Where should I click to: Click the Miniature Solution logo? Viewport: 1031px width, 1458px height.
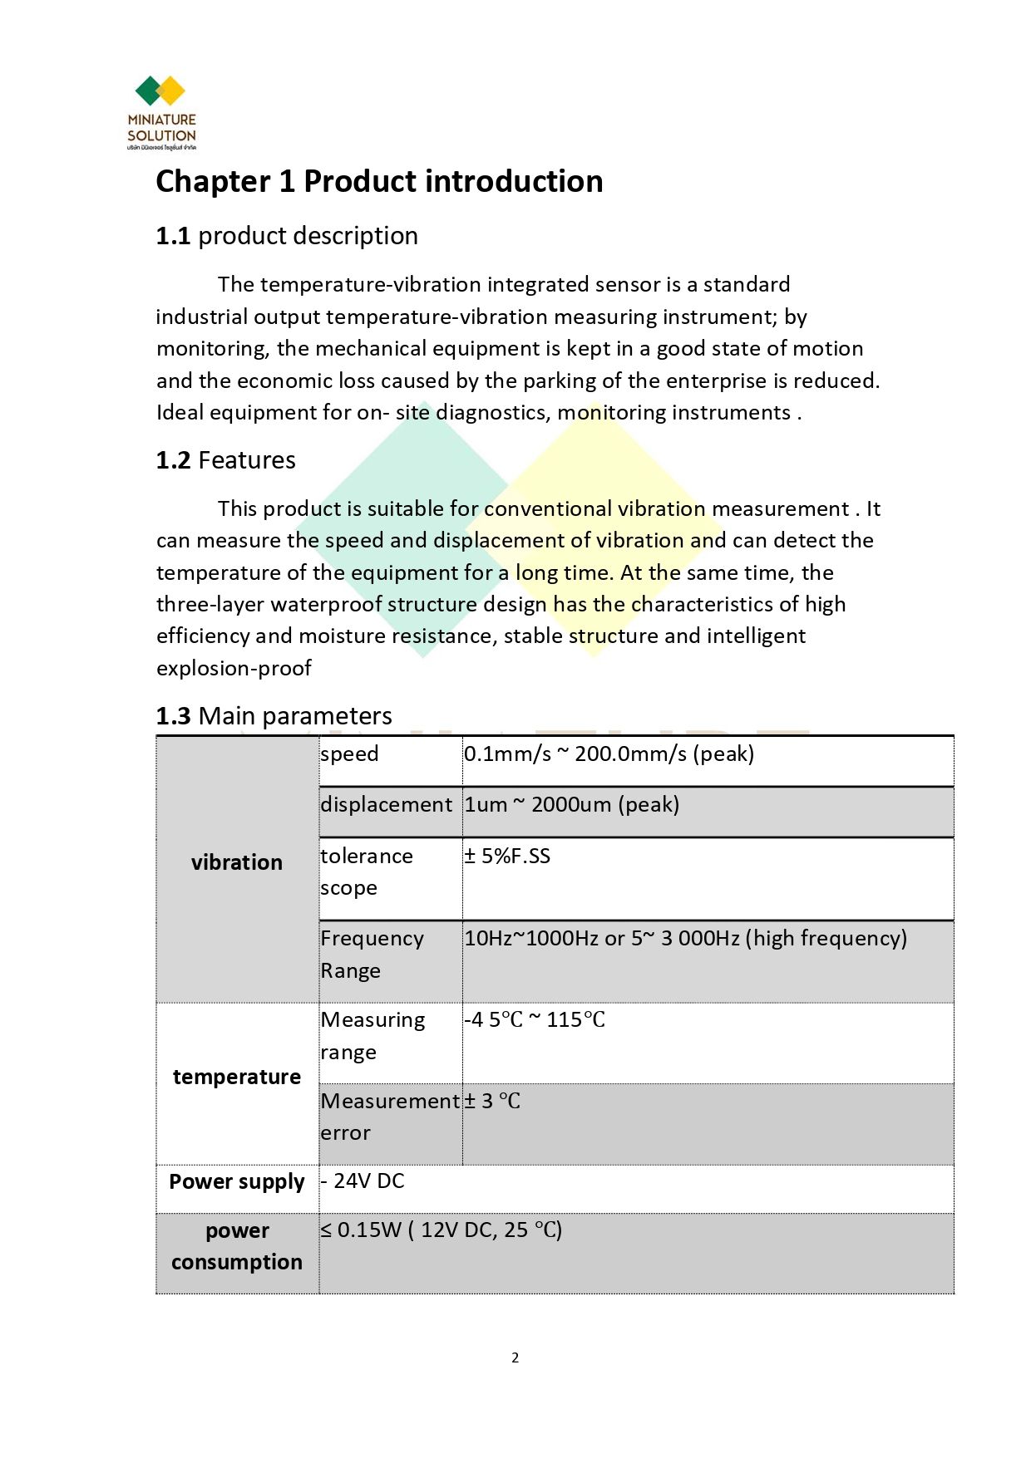[161, 112]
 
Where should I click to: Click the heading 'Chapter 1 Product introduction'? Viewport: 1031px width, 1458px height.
[379, 181]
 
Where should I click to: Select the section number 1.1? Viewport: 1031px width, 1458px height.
[173, 236]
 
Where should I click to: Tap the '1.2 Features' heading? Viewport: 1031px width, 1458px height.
[226, 460]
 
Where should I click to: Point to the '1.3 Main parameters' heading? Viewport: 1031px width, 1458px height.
[274, 715]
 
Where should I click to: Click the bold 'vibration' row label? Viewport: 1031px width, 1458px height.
[237, 862]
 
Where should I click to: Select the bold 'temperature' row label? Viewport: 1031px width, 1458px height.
[237, 1077]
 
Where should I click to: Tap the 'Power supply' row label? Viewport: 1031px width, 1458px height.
[237, 1181]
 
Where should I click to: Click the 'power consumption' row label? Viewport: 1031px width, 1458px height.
[237, 1245]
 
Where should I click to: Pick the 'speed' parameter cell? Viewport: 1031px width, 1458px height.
[349, 754]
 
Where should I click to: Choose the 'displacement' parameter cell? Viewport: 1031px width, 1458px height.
[387, 804]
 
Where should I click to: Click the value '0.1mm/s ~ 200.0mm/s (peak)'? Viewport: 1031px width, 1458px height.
[609, 754]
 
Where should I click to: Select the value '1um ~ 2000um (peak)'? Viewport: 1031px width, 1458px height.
[571, 804]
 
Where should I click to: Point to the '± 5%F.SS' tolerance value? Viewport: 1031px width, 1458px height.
[507, 856]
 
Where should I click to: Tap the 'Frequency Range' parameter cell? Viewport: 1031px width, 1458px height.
[372, 954]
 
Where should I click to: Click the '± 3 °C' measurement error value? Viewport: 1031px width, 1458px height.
[492, 1101]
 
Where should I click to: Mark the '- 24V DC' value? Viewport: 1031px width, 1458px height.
[363, 1181]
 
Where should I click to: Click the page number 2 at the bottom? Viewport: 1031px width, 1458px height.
[515, 1357]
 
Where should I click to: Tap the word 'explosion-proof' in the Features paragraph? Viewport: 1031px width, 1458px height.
[234, 668]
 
